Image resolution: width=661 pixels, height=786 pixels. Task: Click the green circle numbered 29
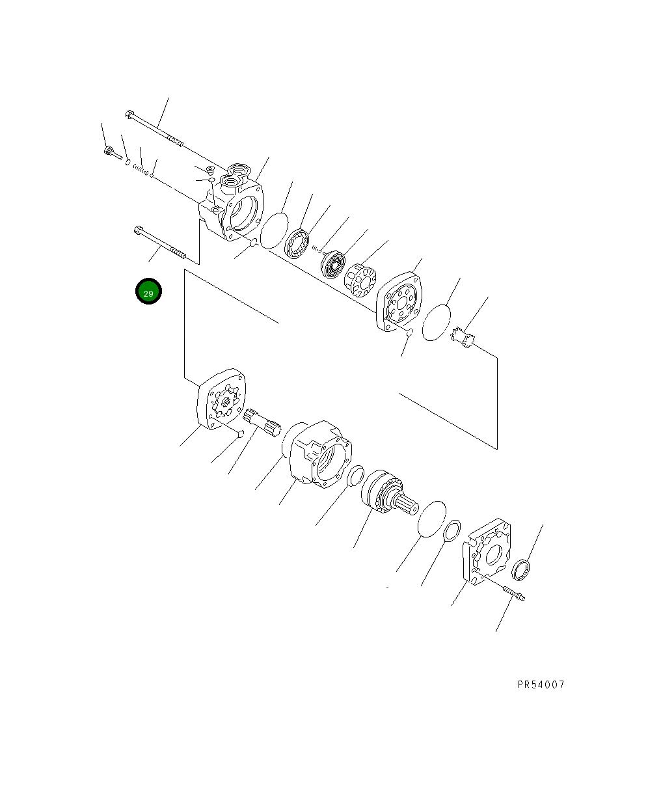[x=148, y=292]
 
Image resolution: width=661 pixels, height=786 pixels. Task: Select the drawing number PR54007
[x=541, y=684]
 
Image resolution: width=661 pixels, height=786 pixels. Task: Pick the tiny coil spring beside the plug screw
[x=140, y=168]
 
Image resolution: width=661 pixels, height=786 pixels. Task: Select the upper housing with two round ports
[x=237, y=202]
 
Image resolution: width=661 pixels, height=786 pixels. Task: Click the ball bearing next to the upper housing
[x=298, y=243]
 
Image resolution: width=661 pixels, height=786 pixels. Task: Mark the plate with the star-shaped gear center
[x=221, y=400]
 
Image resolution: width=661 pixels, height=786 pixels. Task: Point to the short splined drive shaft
[x=264, y=422]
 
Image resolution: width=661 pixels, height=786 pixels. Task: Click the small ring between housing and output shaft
[x=355, y=476]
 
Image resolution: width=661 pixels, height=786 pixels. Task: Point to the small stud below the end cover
[x=514, y=593]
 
